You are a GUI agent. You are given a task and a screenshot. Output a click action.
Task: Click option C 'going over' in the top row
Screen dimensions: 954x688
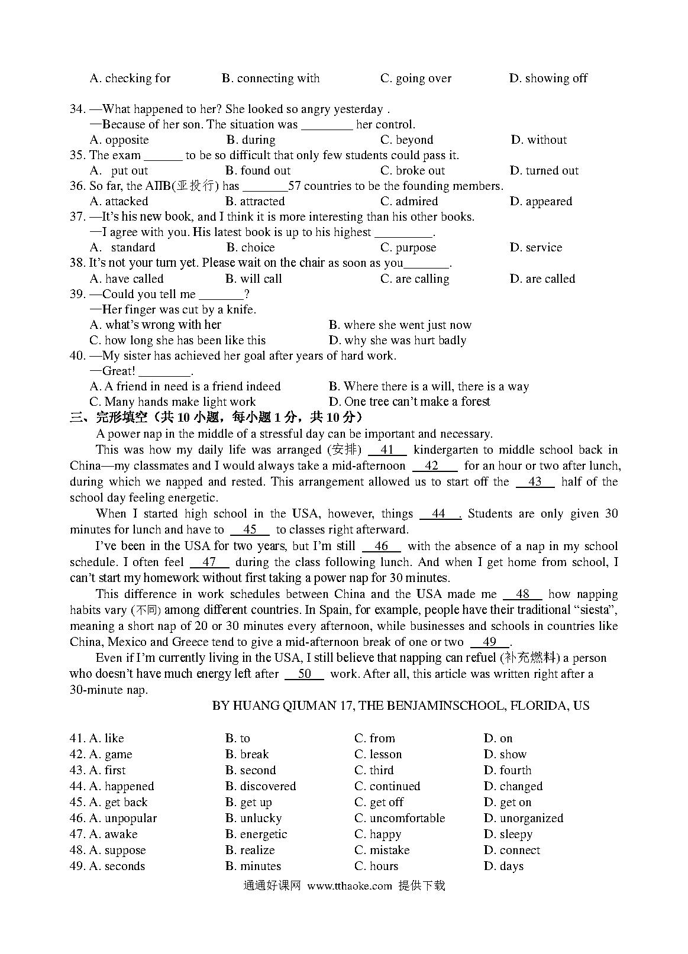point(415,78)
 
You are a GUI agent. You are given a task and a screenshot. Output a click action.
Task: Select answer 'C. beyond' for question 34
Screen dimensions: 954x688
point(406,140)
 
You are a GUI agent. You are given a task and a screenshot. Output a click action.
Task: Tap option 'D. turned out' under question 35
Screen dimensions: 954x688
point(544,170)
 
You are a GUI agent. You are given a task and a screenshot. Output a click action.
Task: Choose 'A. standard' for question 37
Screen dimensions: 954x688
point(122,247)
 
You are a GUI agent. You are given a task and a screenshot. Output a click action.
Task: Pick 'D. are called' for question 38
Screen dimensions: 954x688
point(542,279)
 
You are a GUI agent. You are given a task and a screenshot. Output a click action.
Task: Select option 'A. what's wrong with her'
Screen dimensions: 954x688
point(155,325)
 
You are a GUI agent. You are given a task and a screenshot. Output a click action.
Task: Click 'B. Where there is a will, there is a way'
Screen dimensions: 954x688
point(428,386)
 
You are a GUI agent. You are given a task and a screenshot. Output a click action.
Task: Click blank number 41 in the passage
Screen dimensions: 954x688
point(387,450)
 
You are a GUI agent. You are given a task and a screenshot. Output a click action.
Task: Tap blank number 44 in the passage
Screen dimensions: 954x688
point(439,514)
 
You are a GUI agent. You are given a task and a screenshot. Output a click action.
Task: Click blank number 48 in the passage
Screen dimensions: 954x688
point(522,594)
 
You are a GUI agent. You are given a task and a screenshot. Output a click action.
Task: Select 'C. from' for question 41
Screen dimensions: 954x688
point(374,738)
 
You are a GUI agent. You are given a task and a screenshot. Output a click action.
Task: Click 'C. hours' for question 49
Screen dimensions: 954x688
point(376,866)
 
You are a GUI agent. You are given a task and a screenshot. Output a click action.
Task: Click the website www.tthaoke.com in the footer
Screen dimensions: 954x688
point(350,885)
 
